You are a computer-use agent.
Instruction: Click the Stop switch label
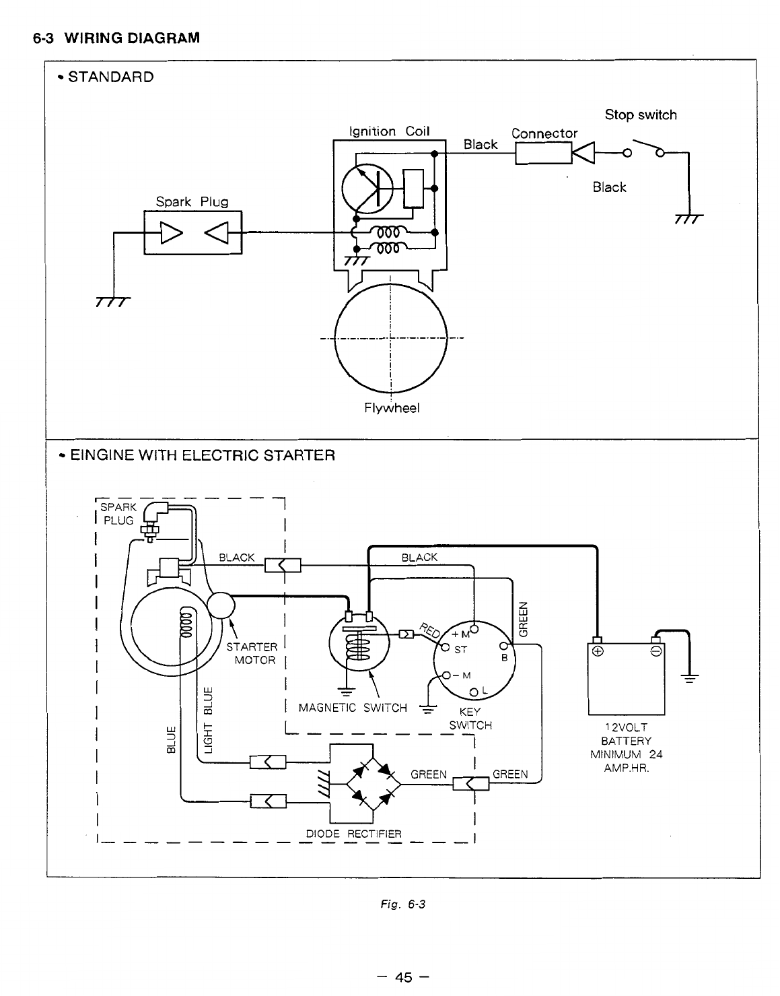click(640, 114)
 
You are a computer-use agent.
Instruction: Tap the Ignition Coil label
click(389, 131)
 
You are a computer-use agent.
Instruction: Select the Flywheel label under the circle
click(392, 408)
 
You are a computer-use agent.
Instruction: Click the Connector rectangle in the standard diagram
click(544, 153)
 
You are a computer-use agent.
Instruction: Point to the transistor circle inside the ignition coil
click(367, 189)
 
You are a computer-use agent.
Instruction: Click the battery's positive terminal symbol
click(598, 651)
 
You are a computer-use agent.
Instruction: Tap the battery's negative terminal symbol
click(656, 651)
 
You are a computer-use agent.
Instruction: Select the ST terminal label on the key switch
click(460, 649)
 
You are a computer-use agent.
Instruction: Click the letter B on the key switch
click(504, 658)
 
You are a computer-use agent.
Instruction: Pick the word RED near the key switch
click(429, 630)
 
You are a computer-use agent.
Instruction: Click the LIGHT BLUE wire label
click(209, 720)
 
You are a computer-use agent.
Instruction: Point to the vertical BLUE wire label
click(171, 739)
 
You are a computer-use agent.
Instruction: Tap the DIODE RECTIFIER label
click(353, 834)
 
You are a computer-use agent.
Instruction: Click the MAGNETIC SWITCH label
click(353, 708)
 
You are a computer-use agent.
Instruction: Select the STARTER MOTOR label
click(252, 653)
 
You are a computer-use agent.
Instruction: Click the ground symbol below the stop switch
click(688, 218)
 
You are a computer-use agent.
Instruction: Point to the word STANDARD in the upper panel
click(111, 77)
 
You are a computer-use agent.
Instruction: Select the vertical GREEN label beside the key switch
click(523, 619)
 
